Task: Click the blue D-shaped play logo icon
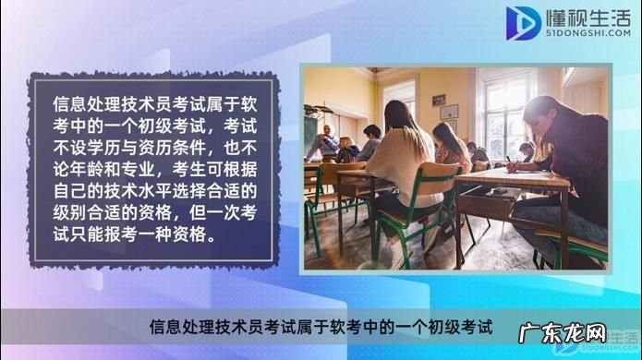tap(524, 23)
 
